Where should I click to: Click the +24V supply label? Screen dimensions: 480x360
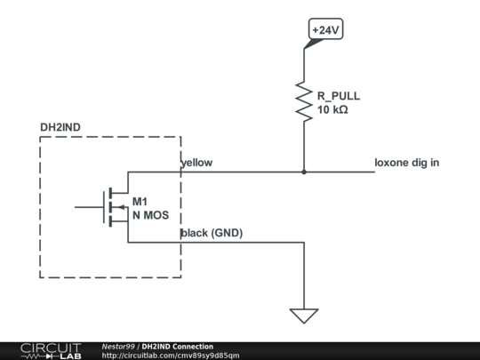pos(325,29)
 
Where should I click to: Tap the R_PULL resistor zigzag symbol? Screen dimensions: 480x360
pos(304,101)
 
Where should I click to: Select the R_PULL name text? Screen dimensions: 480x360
pos(339,96)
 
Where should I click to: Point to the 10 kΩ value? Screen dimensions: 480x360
pos(332,109)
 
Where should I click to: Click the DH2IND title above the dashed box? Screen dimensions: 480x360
pos(60,127)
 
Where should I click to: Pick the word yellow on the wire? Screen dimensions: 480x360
pos(196,163)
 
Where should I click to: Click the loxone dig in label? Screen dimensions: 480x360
pos(407,163)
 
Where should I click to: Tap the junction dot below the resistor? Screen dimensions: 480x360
pos(304,172)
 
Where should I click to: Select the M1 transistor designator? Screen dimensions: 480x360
pos(140,202)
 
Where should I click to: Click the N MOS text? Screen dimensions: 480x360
pos(150,215)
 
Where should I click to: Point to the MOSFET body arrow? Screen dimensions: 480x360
pos(122,207)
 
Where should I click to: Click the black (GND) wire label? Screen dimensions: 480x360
pos(212,233)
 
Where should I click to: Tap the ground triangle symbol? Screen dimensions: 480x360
pos(304,316)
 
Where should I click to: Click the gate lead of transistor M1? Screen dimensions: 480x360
pos(89,207)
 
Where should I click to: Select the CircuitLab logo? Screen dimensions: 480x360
pos(51,351)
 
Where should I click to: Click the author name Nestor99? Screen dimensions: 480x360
pos(118,347)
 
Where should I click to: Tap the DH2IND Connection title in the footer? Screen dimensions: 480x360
pos(178,347)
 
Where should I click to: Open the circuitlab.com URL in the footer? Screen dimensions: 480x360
pos(171,356)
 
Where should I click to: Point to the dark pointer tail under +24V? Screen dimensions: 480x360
pos(313,44)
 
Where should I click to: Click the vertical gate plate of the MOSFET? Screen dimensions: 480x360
pos(104,207)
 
